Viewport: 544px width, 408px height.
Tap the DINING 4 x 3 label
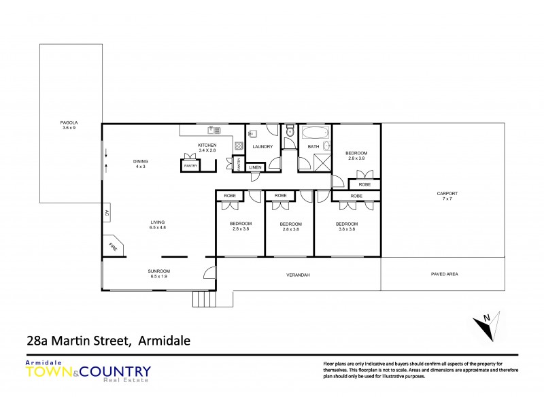[141, 163]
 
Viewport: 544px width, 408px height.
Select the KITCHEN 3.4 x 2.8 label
[207, 148]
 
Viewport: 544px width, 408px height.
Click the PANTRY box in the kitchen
[190, 165]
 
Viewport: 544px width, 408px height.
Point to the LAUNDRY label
[262, 146]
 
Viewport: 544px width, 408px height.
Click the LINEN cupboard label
[255, 167]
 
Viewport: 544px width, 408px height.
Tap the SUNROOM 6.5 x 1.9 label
[158, 274]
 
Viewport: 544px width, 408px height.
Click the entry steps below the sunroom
[203, 299]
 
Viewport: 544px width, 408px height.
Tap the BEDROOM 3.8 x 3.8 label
[347, 226]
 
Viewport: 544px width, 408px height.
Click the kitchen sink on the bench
[212, 130]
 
